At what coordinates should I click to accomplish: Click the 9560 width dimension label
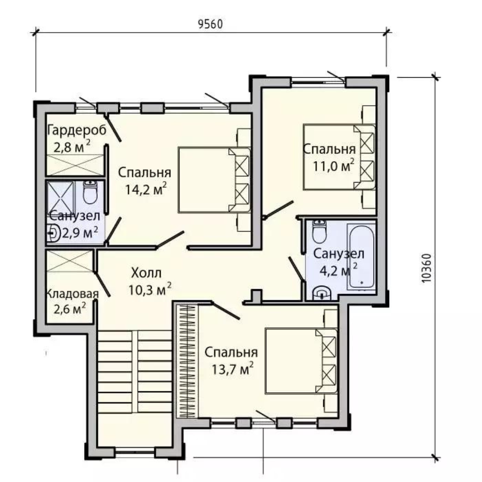[x=210, y=24]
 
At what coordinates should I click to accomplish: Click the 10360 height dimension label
[x=427, y=268]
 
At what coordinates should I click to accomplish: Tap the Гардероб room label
[x=77, y=130]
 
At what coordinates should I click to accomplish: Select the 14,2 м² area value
[x=145, y=189]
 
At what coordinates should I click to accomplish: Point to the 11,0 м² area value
[x=333, y=166]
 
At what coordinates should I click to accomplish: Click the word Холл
[x=146, y=273]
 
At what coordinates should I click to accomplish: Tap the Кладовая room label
[x=72, y=294]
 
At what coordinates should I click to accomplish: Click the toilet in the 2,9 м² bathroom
[x=90, y=192]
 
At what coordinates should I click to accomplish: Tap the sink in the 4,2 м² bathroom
[x=321, y=293]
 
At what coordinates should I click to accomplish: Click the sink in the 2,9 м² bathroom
[x=53, y=233]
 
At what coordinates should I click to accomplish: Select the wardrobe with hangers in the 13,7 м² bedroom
[x=187, y=361]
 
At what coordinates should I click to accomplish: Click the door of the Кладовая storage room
[x=102, y=284]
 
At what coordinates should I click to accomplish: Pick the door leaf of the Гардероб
[x=112, y=129]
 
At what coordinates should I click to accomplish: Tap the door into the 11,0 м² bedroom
[x=278, y=210]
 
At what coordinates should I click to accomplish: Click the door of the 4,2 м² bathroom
[x=296, y=269]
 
